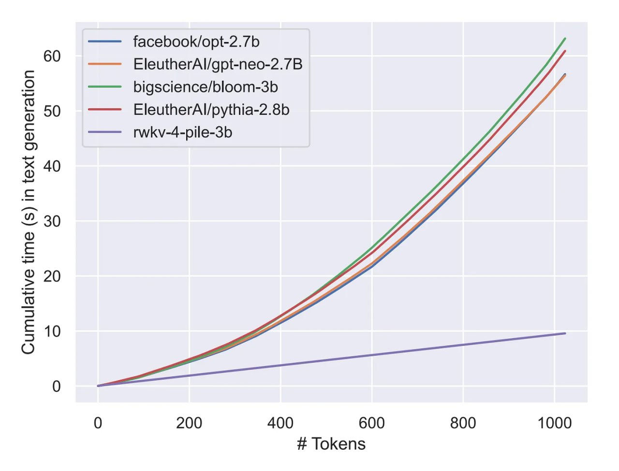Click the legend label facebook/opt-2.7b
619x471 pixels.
point(196,42)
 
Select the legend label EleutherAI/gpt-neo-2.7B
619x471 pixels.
point(218,64)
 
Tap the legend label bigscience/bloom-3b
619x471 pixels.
point(206,87)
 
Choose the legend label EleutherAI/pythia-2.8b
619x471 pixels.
point(211,110)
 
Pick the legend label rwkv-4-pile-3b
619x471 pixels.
point(183,132)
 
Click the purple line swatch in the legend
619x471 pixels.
point(105,132)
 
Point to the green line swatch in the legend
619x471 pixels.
point(105,87)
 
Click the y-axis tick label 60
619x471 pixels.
point(52,56)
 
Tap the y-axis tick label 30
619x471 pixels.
point(52,221)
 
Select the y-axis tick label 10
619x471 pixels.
point(52,331)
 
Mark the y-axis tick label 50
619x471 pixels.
point(52,111)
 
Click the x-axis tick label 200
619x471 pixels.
point(189,423)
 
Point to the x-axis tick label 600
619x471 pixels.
point(372,423)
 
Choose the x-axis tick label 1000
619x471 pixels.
point(554,423)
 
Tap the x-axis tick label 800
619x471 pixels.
point(463,423)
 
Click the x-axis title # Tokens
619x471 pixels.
point(331,443)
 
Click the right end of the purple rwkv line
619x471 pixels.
point(565,333)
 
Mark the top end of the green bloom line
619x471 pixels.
point(565,39)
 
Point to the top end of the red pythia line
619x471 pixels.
point(565,51)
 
